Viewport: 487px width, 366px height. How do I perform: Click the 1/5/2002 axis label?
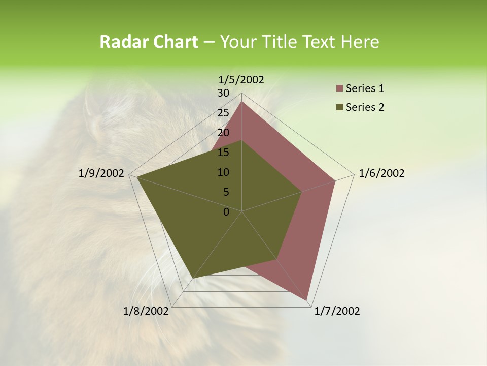click(241, 79)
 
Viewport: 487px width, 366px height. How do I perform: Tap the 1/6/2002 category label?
click(381, 173)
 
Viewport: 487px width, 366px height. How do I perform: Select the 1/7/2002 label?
click(337, 311)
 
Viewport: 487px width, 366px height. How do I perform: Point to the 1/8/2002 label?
click(146, 311)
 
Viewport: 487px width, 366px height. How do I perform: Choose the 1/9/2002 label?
click(101, 173)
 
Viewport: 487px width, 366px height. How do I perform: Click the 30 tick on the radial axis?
click(223, 93)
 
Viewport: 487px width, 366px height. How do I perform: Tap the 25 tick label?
click(223, 113)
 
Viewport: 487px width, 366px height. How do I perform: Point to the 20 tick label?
click(223, 133)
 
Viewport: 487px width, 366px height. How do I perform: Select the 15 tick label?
click(223, 152)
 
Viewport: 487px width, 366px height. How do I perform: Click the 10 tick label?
click(223, 172)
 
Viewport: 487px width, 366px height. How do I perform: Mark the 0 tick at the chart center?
click(226, 212)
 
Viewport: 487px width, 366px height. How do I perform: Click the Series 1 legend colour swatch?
click(339, 89)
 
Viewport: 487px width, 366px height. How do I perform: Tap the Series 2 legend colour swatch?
click(339, 107)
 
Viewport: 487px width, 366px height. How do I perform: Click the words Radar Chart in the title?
click(149, 42)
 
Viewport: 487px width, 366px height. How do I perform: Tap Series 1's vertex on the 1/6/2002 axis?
click(335, 180)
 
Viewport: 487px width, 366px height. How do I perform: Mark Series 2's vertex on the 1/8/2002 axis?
click(193, 278)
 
